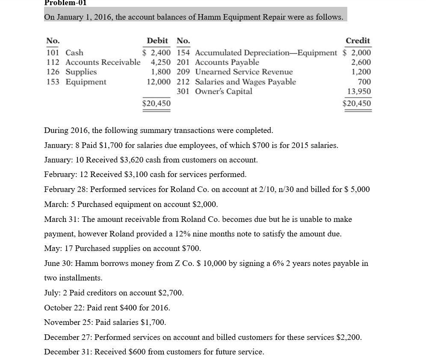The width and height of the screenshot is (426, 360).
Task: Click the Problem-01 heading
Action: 65,3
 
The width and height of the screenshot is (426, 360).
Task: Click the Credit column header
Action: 358,41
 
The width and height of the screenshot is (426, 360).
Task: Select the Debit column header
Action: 157,41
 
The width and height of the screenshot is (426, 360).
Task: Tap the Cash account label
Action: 74,53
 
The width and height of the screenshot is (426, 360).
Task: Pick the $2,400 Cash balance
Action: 157,53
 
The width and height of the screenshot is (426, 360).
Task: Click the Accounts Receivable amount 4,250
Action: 161,62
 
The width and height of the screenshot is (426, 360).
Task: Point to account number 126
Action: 52,72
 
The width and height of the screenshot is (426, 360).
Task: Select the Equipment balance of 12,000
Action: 159,82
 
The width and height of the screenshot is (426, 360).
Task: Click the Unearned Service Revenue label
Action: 244,72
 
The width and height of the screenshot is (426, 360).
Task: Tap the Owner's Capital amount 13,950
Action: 359,91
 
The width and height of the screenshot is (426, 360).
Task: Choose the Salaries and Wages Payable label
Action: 246,82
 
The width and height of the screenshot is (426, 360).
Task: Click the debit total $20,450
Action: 157,103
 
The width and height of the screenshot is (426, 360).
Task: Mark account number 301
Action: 183,91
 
